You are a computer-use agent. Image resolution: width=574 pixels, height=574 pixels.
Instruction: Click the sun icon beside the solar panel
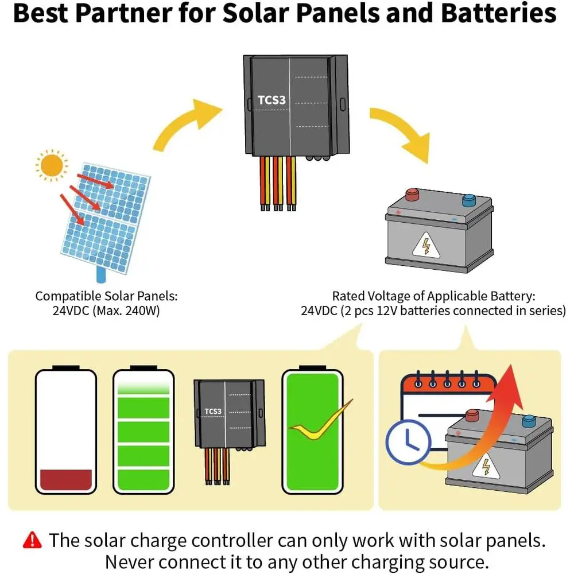[x=52, y=165]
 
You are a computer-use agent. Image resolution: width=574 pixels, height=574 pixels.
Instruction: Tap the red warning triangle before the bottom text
[x=32, y=540]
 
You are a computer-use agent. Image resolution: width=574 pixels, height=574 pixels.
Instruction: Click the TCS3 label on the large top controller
[x=272, y=100]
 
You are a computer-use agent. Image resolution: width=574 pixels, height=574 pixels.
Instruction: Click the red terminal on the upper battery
[x=412, y=195]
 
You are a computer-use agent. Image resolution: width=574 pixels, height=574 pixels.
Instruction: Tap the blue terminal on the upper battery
[x=469, y=200]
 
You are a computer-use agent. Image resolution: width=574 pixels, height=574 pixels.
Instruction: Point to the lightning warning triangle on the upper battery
[x=426, y=245]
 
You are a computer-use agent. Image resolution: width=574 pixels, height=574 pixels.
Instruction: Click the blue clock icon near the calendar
[x=408, y=442]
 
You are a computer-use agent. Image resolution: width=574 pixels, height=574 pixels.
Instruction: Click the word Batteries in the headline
[x=499, y=13]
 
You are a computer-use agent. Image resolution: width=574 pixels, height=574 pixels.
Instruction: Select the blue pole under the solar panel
[x=101, y=274]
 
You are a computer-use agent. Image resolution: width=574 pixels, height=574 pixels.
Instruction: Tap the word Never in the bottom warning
[x=129, y=562]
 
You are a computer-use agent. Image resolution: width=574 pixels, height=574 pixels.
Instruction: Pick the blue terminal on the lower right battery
[x=529, y=421]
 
